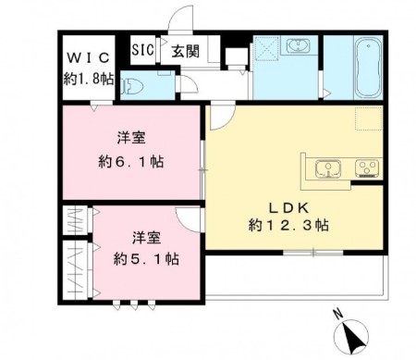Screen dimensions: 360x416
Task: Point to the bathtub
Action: [x=367, y=67]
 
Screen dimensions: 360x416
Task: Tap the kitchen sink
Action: [x=326, y=168]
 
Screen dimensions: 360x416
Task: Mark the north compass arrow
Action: [x=353, y=336]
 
